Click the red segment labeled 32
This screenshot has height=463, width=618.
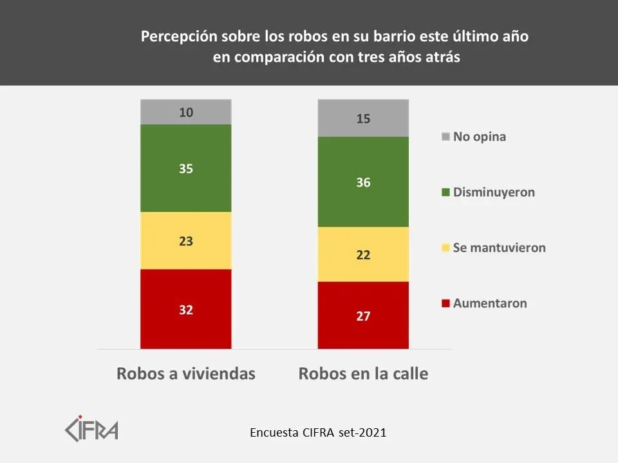pyautogui.click(x=186, y=309)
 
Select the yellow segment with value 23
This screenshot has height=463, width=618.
pyautogui.click(x=186, y=241)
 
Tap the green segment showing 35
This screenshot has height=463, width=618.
pyautogui.click(x=186, y=168)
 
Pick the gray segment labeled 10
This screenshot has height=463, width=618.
pyautogui.click(x=186, y=112)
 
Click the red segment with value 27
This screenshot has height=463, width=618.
pyautogui.click(x=363, y=315)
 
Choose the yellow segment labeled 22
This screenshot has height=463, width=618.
pyautogui.click(x=363, y=255)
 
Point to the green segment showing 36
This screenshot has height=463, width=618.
pyautogui.click(x=363, y=182)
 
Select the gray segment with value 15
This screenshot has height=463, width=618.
pyautogui.click(x=363, y=118)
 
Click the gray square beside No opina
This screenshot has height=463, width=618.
pyautogui.click(x=445, y=137)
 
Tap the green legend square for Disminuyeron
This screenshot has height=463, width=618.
pyautogui.click(x=445, y=192)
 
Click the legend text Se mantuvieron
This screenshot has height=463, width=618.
pyautogui.click(x=499, y=248)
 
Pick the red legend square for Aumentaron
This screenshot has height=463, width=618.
pyautogui.click(x=445, y=303)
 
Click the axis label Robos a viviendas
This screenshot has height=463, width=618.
pyautogui.click(x=186, y=374)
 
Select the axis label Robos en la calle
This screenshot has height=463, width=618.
pyautogui.click(x=363, y=374)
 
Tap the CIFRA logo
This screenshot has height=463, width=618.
pyautogui.click(x=91, y=428)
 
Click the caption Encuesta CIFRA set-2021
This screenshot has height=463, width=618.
pyautogui.click(x=318, y=433)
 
